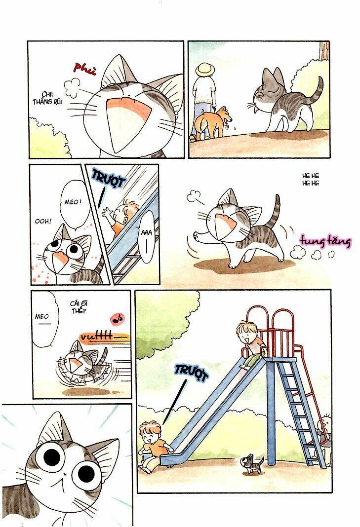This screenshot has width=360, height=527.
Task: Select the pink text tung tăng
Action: (325, 241)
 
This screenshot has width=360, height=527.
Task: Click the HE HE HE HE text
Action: (311, 180)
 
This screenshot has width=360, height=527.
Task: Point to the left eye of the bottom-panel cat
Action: (50, 456)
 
